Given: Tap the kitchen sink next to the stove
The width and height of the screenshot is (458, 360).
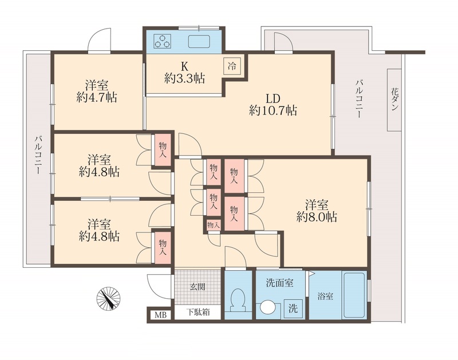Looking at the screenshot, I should tap(198, 41).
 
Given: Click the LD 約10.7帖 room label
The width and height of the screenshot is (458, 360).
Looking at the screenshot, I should tap(273, 104).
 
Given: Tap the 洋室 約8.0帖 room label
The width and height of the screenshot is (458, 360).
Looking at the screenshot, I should tap(317, 210).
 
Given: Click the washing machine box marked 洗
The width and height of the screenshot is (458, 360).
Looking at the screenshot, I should tap(293, 308).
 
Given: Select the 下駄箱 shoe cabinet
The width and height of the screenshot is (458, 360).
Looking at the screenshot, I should tap(197, 313).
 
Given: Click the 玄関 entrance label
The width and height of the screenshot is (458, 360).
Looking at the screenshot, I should tap(198, 286).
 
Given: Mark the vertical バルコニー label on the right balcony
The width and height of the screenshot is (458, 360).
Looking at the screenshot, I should tap(358, 98).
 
